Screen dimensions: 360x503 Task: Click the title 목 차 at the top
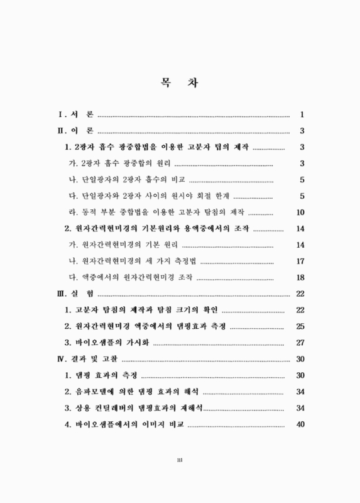pyautogui.click(x=180, y=82)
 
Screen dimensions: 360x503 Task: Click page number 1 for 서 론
pyautogui.click(x=302, y=114)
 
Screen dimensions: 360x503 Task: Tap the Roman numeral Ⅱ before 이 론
pyautogui.click(x=62, y=131)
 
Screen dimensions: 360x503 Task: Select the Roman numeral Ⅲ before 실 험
pyautogui.click(x=62, y=294)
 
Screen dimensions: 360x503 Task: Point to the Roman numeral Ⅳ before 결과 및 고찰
pyautogui.click(x=62, y=359)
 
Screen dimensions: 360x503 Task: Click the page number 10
pyautogui.click(x=300, y=212)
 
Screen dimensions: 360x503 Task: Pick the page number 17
pyautogui.click(x=300, y=261)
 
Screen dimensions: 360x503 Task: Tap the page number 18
pyautogui.click(x=300, y=277)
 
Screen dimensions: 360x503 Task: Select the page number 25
pyautogui.click(x=300, y=326)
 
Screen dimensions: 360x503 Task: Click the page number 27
pyautogui.click(x=300, y=343)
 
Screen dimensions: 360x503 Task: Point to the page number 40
pyautogui.click(x=300, y=424)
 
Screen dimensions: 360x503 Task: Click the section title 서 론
pyautogui.click(x=83, y=114)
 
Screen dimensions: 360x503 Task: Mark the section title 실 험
pyautogui.click(x=83, y=294)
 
